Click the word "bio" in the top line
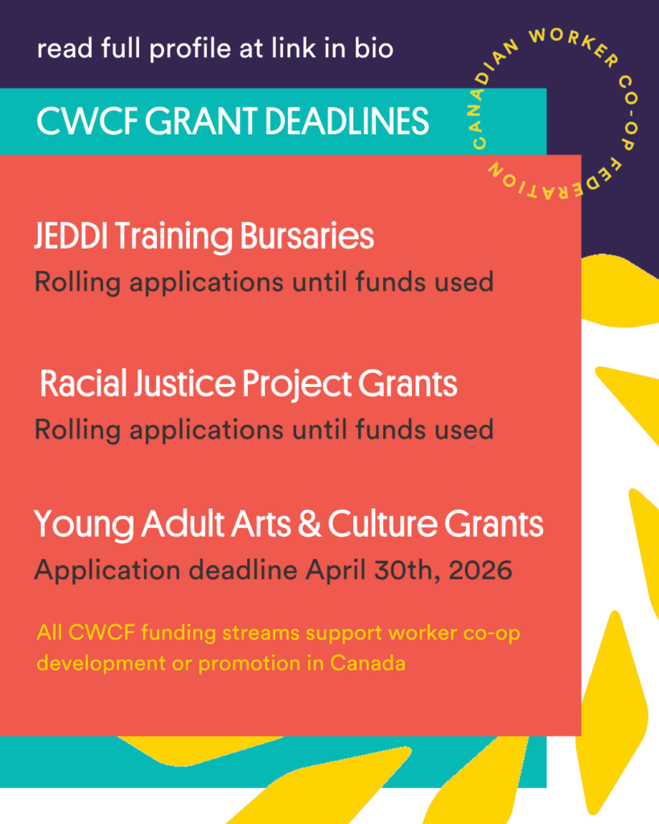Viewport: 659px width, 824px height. click(x=373, y=48)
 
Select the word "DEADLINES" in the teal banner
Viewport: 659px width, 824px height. click(x=347, y=122)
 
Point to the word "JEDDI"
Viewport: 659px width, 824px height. click(x=71, y=236)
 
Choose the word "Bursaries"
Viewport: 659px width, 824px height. click(x=307, y=236)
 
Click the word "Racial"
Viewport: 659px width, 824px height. click(x=84, y=383)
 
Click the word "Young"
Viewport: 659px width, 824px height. click(x=84, y=525)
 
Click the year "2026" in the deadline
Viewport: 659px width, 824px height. click(x=480, y=571)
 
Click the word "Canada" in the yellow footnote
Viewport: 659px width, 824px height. click(x=368, y=663)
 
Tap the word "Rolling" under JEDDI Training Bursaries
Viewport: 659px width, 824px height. click(x=78, y=282)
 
